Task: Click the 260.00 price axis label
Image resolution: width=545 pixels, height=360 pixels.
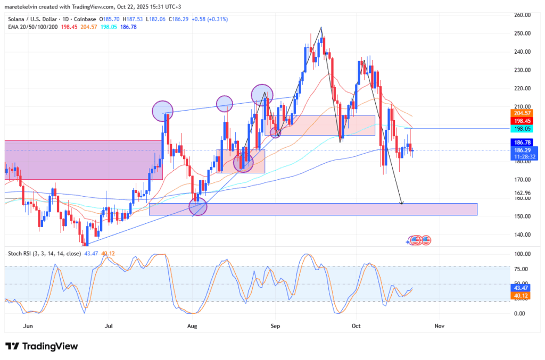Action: pos(524,15)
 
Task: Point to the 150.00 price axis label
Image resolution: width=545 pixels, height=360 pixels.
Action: pos(524,216)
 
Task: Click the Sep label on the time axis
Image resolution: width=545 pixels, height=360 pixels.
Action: pos(275,324)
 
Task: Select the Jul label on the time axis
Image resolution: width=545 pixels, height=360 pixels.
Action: pos(109,324)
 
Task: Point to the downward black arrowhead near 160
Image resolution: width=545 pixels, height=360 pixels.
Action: pos(402,203)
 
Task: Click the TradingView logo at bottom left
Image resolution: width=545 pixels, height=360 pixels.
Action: pos(42,346)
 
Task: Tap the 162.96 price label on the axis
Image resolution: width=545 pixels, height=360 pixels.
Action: pos(524,192)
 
